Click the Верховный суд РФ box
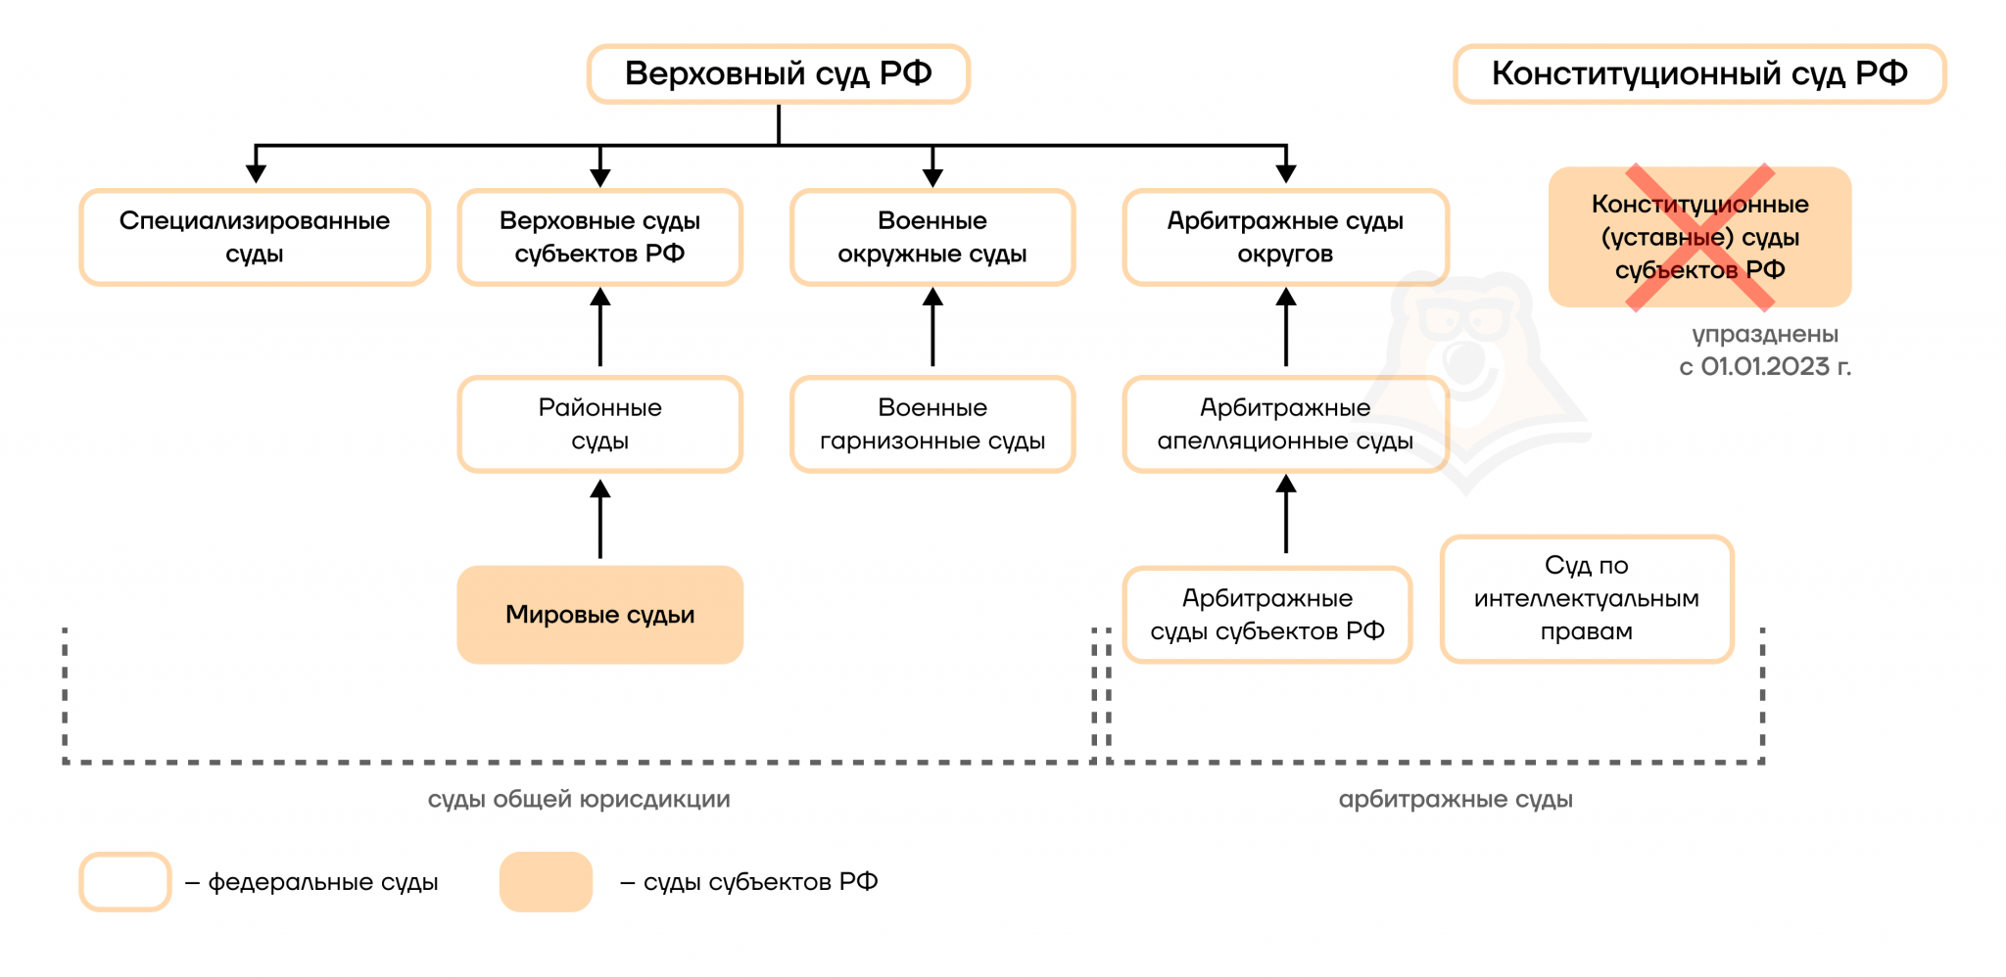[x=778, y=73]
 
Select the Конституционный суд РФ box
[x=1699, y=73]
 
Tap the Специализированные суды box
[x=255, y=237]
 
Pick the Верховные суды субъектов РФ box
[x=599, y=237]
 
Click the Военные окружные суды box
[x=932, y=237]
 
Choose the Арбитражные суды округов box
[x=1285, y=237]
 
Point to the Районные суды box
[x=599, y=424]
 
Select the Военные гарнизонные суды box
[x=932, y=424]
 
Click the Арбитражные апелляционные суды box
[x=1285, y=424]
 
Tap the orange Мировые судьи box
[x=599, y=615]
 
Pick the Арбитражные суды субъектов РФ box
[x=1267, y=615]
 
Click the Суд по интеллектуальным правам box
[x=1587, y=598]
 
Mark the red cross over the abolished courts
[x=1699, y=238]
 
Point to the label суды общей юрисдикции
[x=579, y=799]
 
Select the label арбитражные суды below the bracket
[x=1456, y=799]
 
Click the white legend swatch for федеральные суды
[x=125, y=882]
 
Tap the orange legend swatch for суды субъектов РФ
[x=546, y=882]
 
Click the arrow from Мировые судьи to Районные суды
[x=600, y=519]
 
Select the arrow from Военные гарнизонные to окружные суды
[x=932, y=328]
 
